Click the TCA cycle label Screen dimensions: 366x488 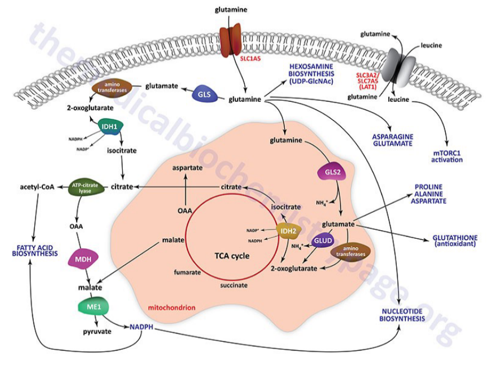[231, 255]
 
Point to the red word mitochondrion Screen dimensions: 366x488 [171, 308]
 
